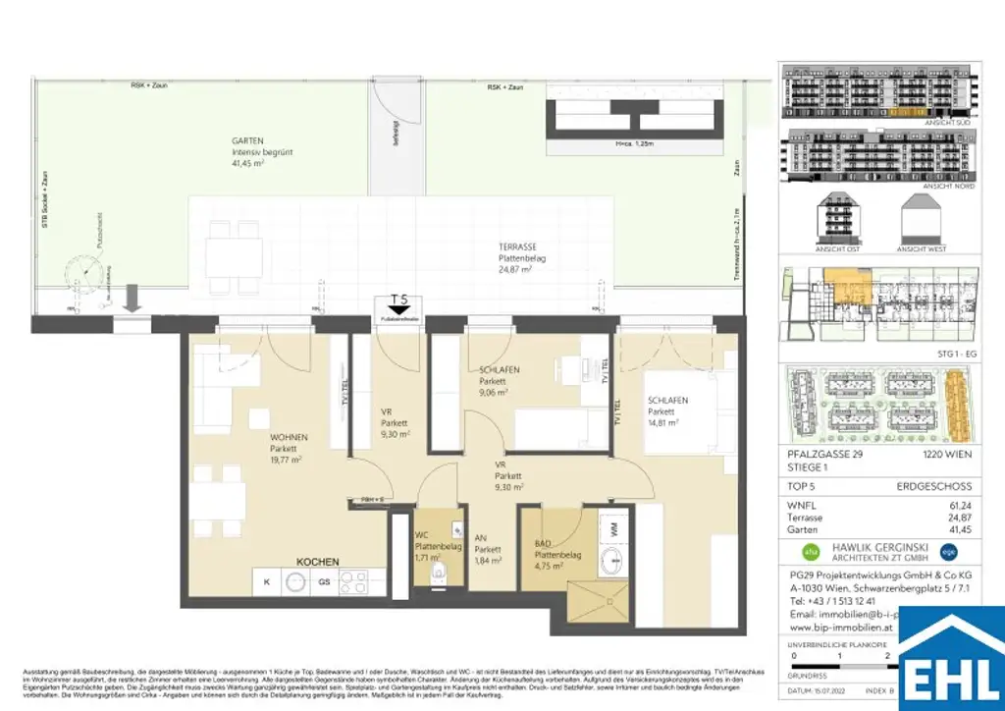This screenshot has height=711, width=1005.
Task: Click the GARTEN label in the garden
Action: point(221,140)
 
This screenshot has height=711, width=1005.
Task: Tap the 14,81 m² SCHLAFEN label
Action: point(666,401)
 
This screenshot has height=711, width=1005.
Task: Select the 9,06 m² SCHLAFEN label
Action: point(499,370)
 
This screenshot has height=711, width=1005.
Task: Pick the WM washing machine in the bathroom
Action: point(613,529)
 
